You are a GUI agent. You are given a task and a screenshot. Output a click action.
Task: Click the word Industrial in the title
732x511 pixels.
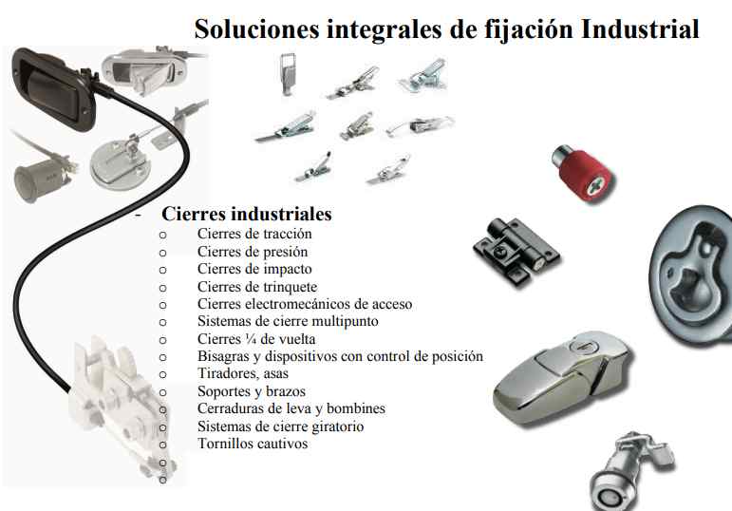pos(640,28)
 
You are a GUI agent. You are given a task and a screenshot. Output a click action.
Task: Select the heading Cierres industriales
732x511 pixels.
pos(247,214)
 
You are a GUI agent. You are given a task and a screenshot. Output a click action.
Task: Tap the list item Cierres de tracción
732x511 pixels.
pos(254,234)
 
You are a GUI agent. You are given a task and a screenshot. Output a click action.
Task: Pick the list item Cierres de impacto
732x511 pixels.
pos(253,269)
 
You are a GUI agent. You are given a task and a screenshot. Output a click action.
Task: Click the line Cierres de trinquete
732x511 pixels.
pos(257,287)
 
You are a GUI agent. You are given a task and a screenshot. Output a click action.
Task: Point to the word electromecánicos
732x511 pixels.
pos(298,304)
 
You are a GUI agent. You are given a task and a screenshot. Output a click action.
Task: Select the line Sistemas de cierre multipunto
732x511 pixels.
pos(288,321)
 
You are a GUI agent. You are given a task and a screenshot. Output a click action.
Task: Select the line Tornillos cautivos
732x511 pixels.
pos(253,444)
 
